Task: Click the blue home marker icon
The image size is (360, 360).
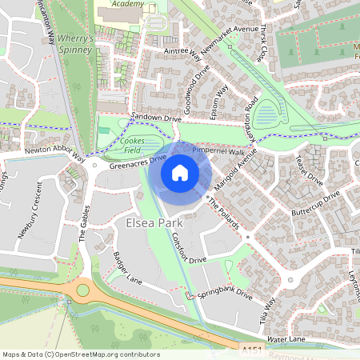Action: pos(180,173)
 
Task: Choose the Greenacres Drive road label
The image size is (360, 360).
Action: pos(137,163)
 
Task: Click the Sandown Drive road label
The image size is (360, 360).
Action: pos(156,118)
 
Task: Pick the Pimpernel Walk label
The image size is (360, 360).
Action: pos(218,150)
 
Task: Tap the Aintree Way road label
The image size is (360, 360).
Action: pos(183,54)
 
